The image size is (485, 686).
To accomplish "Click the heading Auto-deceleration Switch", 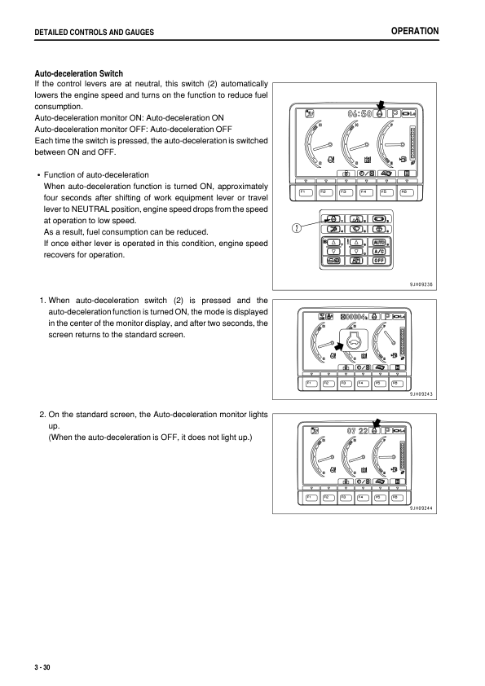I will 77,74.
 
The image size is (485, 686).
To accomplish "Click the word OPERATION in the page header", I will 415,31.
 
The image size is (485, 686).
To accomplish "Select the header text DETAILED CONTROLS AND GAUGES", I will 90,32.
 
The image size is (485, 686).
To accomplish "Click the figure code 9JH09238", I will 425,284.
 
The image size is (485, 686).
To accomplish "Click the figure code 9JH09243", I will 425,396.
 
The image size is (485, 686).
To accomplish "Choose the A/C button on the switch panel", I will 379,251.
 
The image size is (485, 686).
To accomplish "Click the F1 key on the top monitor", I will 305,192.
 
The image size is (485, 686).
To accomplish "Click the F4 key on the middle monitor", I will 364,383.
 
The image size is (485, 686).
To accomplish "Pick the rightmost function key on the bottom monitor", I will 398,496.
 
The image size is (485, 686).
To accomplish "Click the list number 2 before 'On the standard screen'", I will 42,415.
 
